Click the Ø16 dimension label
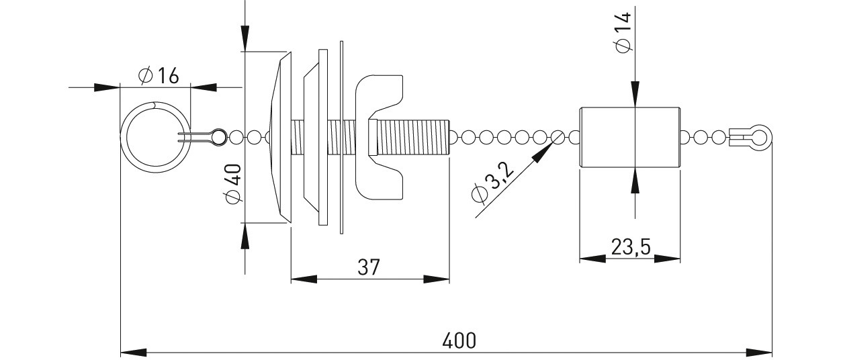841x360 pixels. (159, 76)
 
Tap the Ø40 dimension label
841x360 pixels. (233, 184)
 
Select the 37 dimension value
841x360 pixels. (369, 267)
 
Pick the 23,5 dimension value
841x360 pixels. (630, 247)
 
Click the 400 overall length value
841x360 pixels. (459, 341)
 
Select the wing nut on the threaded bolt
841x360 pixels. (380, 138)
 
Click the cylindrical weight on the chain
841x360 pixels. (630, 138)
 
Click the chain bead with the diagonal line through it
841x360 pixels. (558, 138)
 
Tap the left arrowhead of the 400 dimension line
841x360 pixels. (133, 353)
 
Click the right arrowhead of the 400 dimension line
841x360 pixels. (759, 353)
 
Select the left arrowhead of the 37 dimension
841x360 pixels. (304, 279)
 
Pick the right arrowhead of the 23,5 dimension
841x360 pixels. (667, 259)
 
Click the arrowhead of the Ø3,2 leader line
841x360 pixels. (543, 151)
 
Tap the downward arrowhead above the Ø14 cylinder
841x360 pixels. (635, 94)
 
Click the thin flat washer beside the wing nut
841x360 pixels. (341, 138)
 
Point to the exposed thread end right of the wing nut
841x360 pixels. (413, 138)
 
